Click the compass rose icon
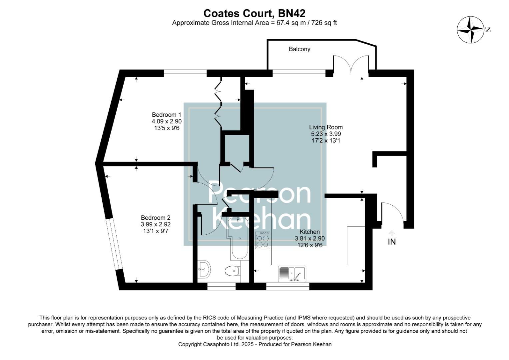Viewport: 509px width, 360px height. [470, 30]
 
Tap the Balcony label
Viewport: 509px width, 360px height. [299, 49]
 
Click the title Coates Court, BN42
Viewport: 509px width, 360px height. [254, 13]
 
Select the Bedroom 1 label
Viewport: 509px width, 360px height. [166, 115]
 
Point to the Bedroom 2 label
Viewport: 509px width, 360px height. [156, 218]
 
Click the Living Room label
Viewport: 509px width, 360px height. [325, 127]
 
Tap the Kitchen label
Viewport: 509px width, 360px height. [309, 232]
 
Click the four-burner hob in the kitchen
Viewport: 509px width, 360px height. [263, 241]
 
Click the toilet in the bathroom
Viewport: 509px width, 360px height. [232, 271]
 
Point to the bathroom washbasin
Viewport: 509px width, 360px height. [204, 269]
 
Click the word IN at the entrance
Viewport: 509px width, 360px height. [392, 242]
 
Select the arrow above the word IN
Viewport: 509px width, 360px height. [392, 233]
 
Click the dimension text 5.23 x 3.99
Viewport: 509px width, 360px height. [325, 134]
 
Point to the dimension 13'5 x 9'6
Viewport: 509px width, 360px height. [166, 128]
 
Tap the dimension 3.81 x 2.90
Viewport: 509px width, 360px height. [309, 239]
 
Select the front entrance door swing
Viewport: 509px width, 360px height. [392, 211]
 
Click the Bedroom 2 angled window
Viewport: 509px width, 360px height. [114, 245]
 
